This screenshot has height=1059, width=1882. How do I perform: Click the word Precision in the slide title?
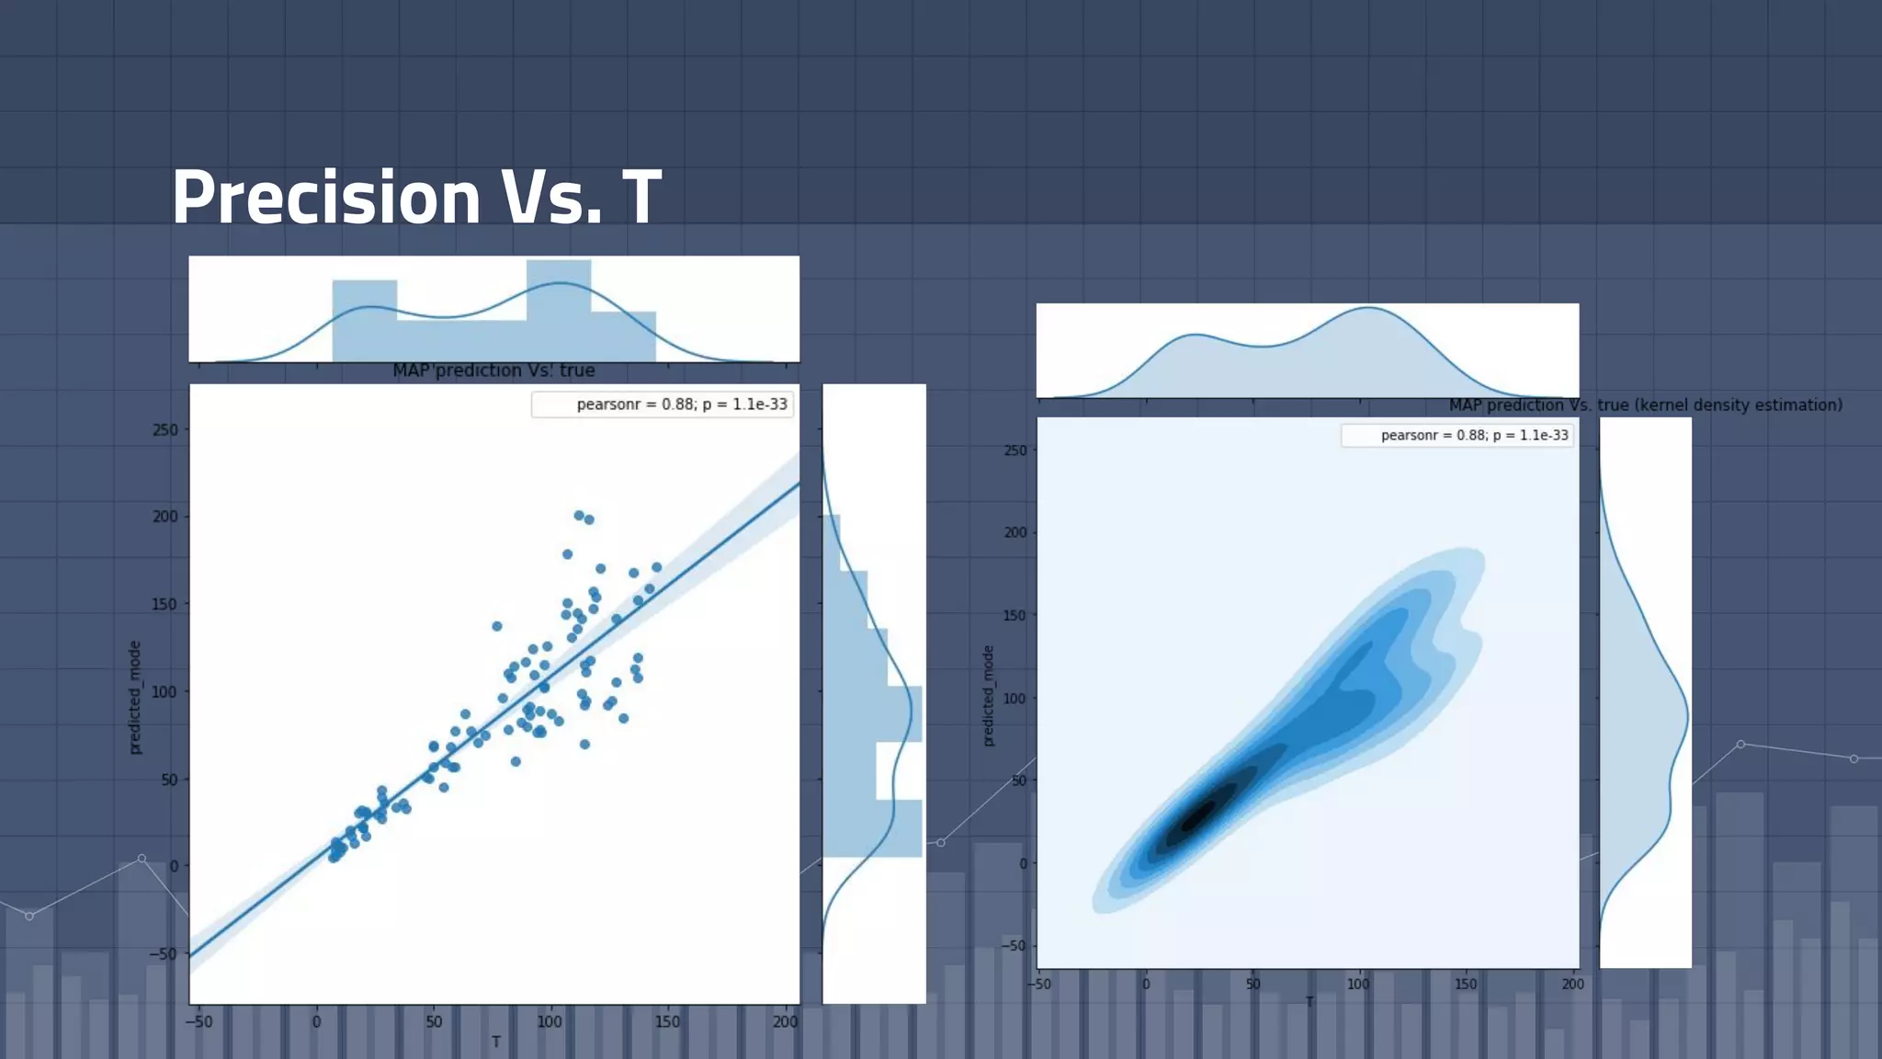(326, 197)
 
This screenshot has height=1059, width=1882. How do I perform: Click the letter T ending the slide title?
(641, 197)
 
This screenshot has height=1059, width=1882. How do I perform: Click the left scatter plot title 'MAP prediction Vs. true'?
(493, 370)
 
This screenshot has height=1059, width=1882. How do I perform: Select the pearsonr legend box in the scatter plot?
(663, 404)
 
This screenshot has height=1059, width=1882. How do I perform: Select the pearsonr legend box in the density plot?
(1457, 436)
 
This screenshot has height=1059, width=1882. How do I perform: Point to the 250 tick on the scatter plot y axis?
(165, 429)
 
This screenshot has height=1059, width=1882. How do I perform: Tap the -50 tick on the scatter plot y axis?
(163, 953)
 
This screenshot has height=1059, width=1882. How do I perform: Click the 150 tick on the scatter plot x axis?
(667, 1021)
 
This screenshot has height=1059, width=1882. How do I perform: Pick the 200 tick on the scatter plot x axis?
(785, 1021)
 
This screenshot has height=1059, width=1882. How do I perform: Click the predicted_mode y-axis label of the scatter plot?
(135, 698)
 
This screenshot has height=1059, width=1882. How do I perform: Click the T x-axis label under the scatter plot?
(495, 1042)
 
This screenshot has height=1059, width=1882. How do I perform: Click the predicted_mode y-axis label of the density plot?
(989, 696)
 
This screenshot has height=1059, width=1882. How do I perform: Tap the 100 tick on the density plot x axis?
(1358, 984)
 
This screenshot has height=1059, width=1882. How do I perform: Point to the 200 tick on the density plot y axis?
(1015, 532)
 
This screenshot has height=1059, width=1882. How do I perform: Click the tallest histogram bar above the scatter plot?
(558, 311)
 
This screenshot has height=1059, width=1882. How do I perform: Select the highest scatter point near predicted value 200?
(579, 516)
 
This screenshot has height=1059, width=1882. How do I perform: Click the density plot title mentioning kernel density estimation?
(1645, 405)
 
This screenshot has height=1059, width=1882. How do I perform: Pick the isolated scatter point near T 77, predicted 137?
(497, 626)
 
